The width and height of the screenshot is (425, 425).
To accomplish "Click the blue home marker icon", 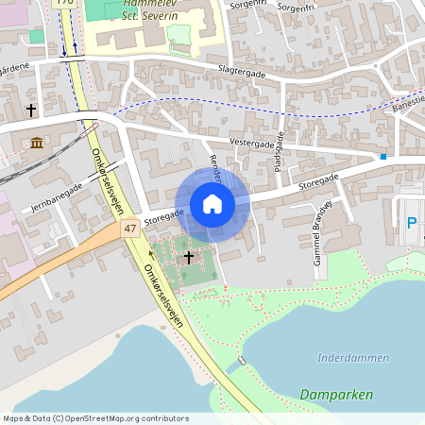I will pyautogui.click(x=212, y=204).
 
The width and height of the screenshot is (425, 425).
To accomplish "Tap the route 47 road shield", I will pyautogui.click(x=130, y=229).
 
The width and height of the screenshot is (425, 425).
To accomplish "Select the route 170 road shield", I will pyautogui.click(x=65, y=3).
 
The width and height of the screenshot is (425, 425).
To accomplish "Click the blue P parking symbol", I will pyautogui.click(x=411, y=223).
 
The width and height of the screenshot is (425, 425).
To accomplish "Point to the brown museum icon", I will pyautogui.click(x=36, y=143).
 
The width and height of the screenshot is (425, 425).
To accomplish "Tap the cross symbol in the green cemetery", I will pyautogui.click(x=188, y=257).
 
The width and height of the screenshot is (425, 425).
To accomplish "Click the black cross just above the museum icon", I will pyautogui.click(x=31, y=110).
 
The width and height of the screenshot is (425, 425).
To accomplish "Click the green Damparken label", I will pyautogui.click(x=335, y=394).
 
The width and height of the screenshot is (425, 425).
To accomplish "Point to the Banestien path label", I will pyautogui.click(x=410, y=103).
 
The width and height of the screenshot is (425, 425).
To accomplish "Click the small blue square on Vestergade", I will pyautogui.click(x=383, y=156).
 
